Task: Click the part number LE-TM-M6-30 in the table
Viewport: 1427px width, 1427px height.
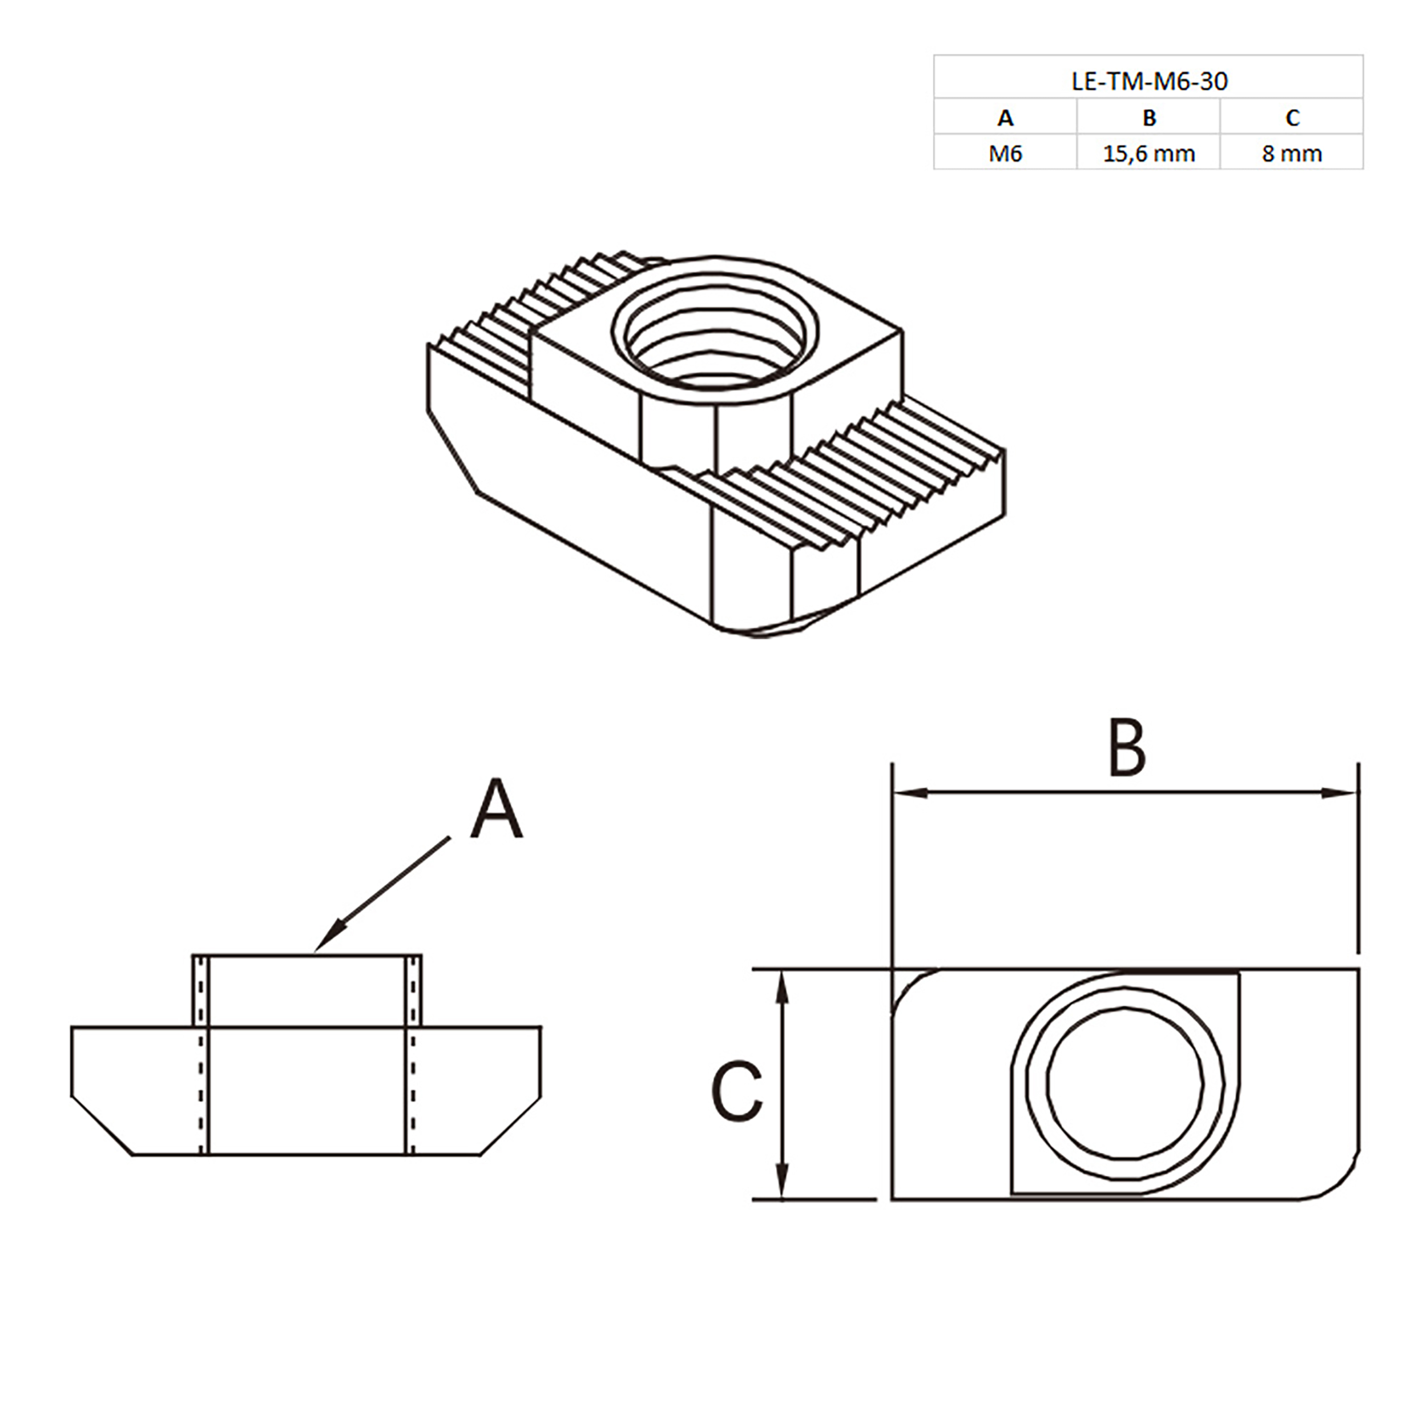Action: [1149, 80]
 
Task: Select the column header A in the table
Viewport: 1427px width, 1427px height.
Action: [1005, 118]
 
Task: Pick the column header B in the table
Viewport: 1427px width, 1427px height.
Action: [1148, 118]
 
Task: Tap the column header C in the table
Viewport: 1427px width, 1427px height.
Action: [1292, 118]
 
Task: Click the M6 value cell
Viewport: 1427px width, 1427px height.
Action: [1005, 154]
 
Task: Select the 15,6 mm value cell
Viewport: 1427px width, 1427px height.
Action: [1148, 154]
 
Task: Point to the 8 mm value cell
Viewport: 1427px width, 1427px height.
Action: [1292, 154]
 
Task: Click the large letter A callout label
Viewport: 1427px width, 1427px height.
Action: [497, 811]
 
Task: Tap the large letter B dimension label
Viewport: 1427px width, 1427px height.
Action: [1127, 748]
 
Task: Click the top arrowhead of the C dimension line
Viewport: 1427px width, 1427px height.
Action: [782, 986]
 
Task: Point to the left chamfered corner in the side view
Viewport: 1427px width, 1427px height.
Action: [101, 1126]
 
